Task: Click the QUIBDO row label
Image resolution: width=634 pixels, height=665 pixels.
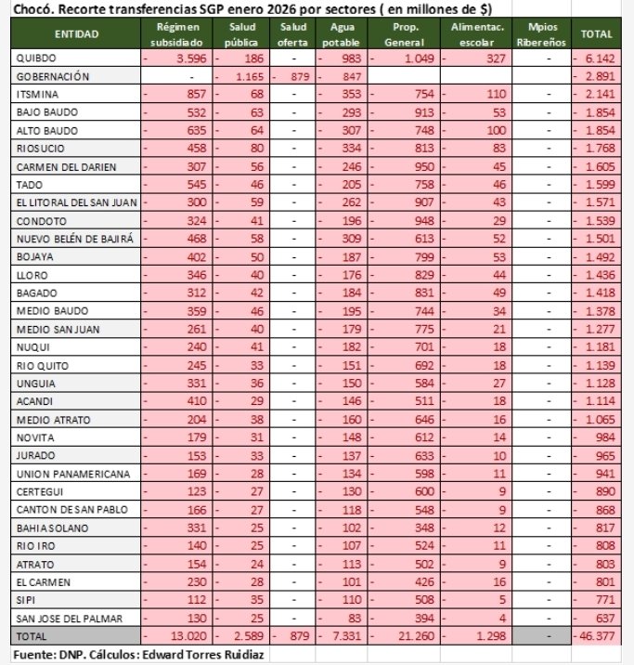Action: (36, 58)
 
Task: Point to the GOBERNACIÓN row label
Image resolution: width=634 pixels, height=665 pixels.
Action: (52, 76)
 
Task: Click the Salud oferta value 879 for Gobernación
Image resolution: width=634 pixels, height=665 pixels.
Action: (292, 76)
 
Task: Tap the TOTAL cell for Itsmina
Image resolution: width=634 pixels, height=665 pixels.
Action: (599, 94)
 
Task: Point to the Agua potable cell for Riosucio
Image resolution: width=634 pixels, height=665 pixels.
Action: (341, 149)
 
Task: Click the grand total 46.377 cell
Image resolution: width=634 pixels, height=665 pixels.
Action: (598, 636)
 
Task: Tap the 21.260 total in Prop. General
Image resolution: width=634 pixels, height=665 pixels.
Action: (400, 636)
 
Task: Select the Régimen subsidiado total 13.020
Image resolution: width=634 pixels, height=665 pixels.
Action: (180, 636)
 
